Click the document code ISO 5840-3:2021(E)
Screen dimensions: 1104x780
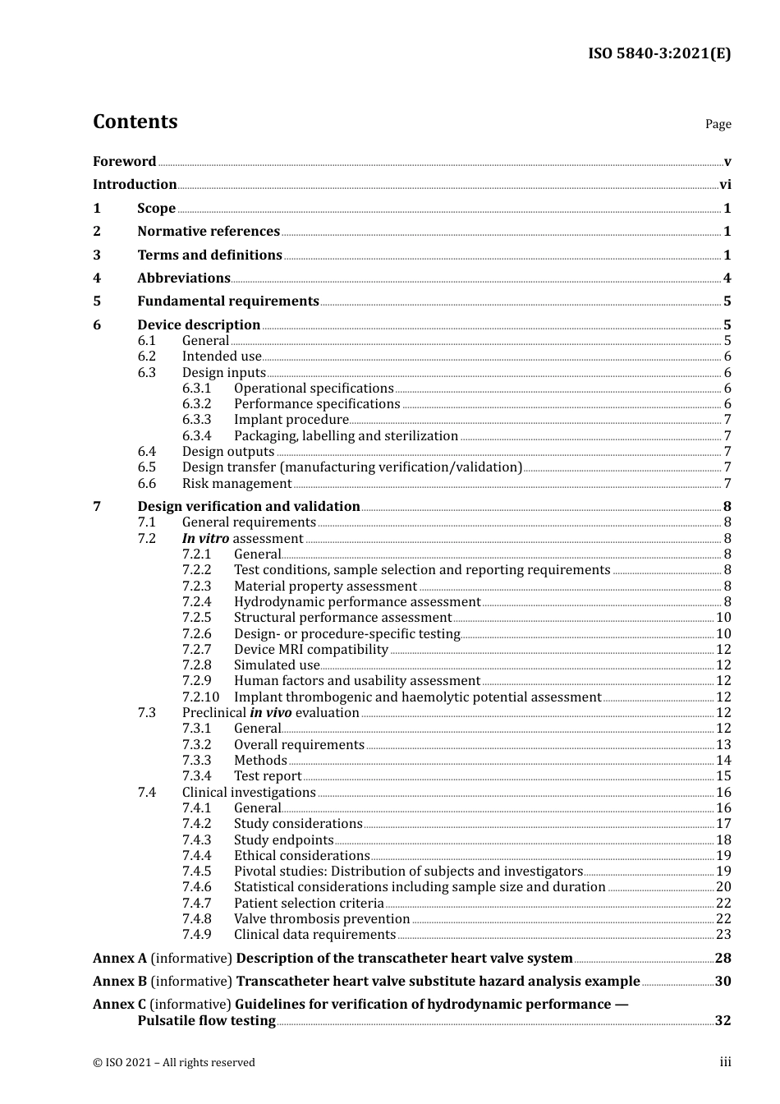[x=658, y=54]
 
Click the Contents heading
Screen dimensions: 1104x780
[x=135, y=122]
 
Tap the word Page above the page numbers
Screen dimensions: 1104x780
[x=718, y=124]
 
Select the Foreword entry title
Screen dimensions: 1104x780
[x=124, y=162]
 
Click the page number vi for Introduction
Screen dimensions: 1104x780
[x=725, y=185]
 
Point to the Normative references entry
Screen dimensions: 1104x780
[x=209, y=232]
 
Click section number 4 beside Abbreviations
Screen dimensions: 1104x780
[x=97, y=278]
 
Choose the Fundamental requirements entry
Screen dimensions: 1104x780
[x=228, y=301]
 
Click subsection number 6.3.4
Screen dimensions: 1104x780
[x=196, y=436]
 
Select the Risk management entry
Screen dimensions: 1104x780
[x=236, y=484]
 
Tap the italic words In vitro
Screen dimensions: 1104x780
[x=205, y=539]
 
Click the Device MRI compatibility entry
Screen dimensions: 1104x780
[x=310, y=650]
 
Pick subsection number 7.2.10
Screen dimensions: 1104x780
[x=200, y=697]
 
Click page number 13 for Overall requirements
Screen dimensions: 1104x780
[x=723, y=745]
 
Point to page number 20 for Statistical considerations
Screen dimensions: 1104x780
[x=723, y=887]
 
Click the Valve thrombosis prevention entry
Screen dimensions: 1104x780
[x=322, y=919]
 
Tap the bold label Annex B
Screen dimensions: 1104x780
[x=120, y=982]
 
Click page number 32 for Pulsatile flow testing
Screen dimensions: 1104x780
[x=723, y=1021]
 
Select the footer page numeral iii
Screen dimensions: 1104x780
[x=725, y=1062]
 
